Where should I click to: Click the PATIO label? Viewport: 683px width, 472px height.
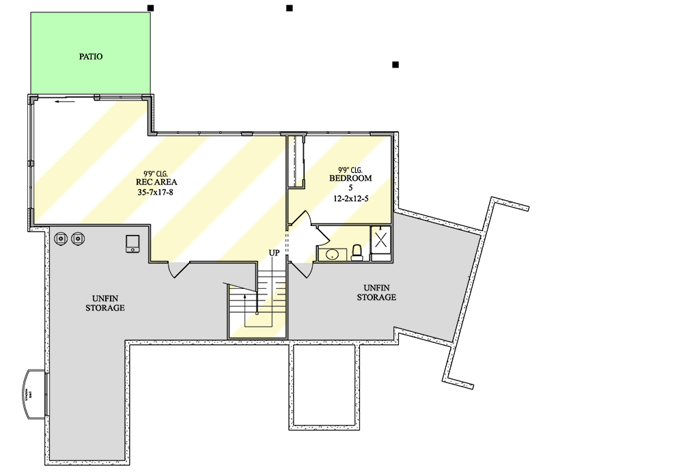click(x=90, y=57)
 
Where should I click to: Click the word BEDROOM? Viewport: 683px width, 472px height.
click(x=350, y=178)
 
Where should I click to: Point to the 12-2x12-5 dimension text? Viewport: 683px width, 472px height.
click(x=350, y=199)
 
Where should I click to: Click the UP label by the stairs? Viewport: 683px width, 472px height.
click(x=274, y=253)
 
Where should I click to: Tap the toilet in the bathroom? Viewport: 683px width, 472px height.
click(x=356, y=254)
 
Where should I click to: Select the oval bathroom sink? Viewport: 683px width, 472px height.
click(x=332, y=255)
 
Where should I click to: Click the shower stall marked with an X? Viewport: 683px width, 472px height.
click(x=381, y=239)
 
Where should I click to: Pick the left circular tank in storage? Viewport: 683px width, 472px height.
click(x=61, y=238)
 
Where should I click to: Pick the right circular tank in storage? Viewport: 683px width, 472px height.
click(x=78, y=238)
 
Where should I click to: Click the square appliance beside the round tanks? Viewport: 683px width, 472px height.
click(x=133, y=244)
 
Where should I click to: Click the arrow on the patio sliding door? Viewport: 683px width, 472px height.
click(x=66, y=103)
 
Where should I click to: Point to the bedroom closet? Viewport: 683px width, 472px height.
click(x=295, y=161)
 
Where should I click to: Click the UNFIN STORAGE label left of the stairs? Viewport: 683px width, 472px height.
click(x=104, y=303)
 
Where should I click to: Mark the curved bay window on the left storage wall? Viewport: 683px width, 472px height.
click(x=34, y=394)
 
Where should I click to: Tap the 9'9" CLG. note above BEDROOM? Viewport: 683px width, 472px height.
click(x=350, y=169)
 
